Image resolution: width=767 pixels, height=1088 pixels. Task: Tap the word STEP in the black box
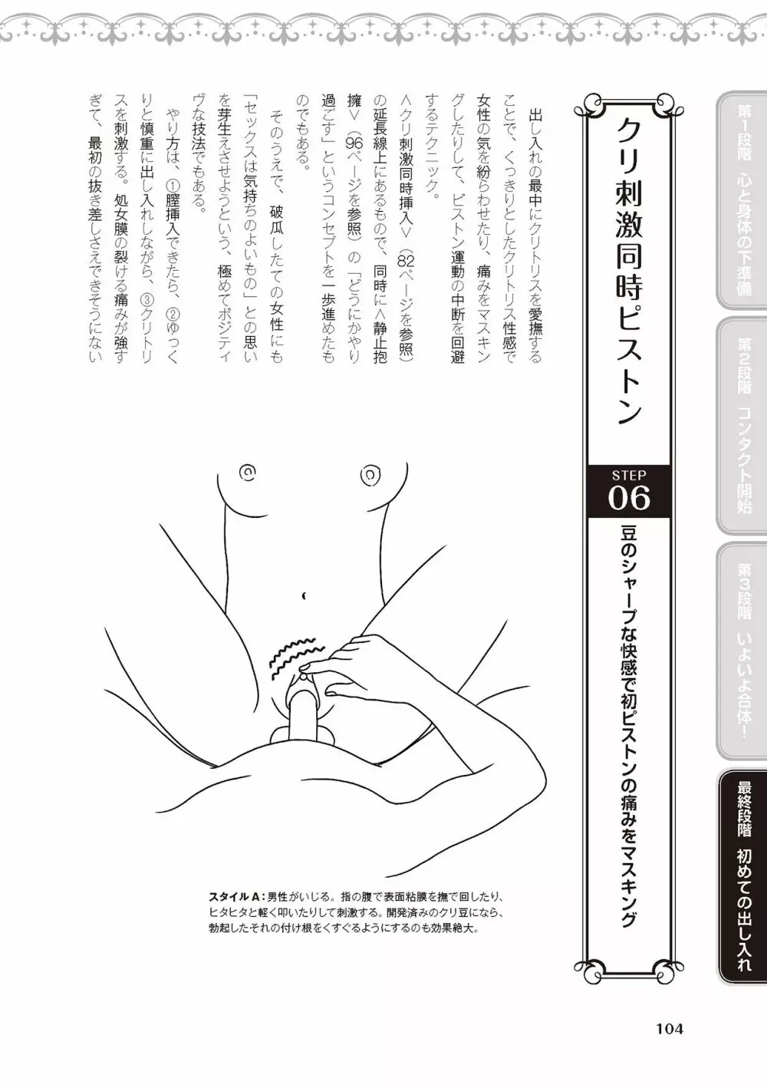[x=628, y=475]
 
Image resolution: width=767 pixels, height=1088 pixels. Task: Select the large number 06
[x=628, y=498]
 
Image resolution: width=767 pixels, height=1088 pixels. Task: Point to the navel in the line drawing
[x=304, y=595]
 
